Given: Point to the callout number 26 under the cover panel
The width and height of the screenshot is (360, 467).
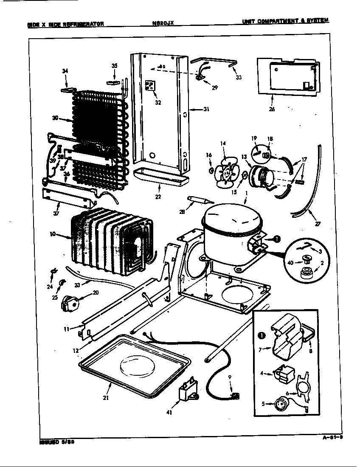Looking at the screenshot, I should click(x=272, y=109).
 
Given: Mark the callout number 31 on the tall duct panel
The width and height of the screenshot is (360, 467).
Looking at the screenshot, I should click(x=206, y=110).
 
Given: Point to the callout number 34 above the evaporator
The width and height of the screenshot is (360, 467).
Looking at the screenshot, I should click(x=65, y=71).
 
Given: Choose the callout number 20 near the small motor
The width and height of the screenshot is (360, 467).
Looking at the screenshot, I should click(x=95, y=293).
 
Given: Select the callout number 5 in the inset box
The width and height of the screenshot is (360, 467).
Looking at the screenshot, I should click(x=264, y=404).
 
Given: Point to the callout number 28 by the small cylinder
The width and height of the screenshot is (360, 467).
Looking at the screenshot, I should click(x=182, y=212).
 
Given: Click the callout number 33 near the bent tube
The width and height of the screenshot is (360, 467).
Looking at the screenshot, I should click(x=239, y=77).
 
